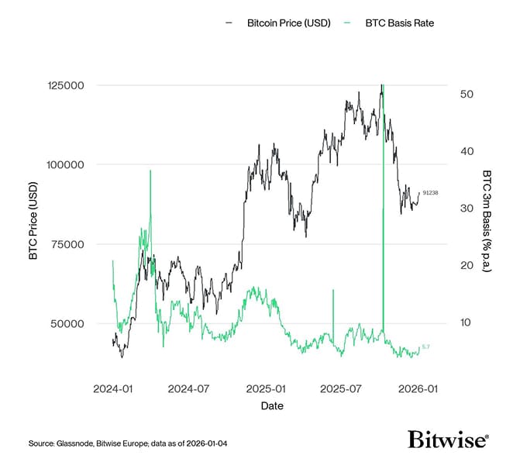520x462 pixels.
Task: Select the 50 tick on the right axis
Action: tap(467, 94)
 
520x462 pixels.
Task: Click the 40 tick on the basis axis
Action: tap(467, 151)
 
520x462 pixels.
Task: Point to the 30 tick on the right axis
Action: tap(467, 209)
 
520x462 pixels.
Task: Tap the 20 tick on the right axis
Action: tap(467, 265)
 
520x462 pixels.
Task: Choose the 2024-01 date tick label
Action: tap(113, 388)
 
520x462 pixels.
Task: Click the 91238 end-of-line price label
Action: tap(430, 192)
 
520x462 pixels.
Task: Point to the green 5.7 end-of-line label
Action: tap(426, 346)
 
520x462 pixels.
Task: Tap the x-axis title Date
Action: tap(271, 406)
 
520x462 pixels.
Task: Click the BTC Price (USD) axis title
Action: tap(34, 225)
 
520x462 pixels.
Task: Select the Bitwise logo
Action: tap(448, 440)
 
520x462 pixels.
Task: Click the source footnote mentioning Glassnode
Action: tap(128, 443)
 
